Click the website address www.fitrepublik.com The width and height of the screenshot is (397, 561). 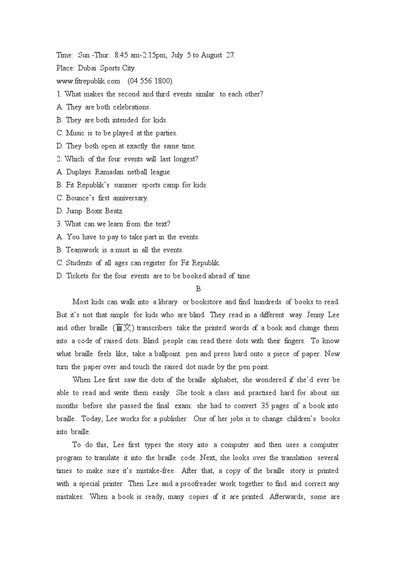tap(88, 81)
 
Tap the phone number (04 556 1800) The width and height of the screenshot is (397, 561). tap(150, 81)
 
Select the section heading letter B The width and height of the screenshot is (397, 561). tap(198, 289)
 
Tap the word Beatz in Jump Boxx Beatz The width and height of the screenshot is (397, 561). tap(114, 211)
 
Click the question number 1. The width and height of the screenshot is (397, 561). tap(59, 94)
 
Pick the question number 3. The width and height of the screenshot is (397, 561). tap(59, 224)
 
